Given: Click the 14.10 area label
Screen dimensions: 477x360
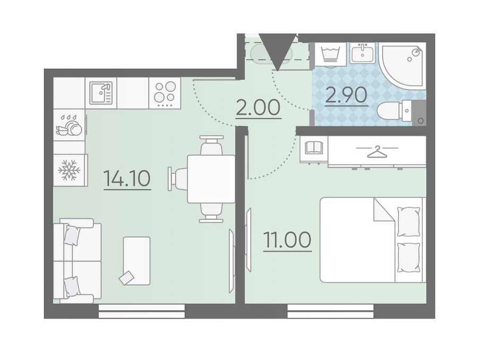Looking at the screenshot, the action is point(127,178).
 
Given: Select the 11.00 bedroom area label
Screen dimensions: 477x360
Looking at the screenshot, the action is point(287,240).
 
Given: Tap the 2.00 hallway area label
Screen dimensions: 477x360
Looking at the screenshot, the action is point(258,108).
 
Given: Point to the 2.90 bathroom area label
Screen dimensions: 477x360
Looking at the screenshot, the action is point(346,95).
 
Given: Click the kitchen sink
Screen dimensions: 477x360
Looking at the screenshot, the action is point(101,93).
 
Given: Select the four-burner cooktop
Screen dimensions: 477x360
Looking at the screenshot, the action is point(165,93).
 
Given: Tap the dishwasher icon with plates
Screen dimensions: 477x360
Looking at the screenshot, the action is point(69,125).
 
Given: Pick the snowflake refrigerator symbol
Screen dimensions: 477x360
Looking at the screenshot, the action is point(69,170).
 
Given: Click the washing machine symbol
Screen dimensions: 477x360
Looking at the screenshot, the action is point(330,54).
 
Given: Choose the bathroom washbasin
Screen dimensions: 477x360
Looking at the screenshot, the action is point(363,53).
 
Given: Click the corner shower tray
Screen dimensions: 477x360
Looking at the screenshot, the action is point(402,65).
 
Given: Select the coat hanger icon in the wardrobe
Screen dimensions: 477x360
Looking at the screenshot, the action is point(377,152).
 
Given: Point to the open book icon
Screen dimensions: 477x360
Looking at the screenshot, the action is point(314,147).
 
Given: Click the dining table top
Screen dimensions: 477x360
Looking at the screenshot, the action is point(211,179).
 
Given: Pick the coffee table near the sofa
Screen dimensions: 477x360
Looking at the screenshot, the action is point(137,261).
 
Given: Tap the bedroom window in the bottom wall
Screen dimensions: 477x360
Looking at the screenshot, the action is point(330,311).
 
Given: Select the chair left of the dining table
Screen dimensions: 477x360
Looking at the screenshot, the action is point(178,179).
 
